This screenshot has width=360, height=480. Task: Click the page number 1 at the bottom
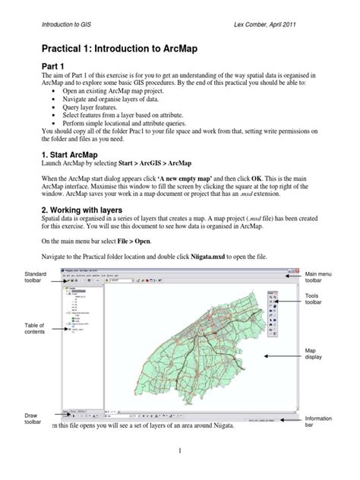click(180, 452)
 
